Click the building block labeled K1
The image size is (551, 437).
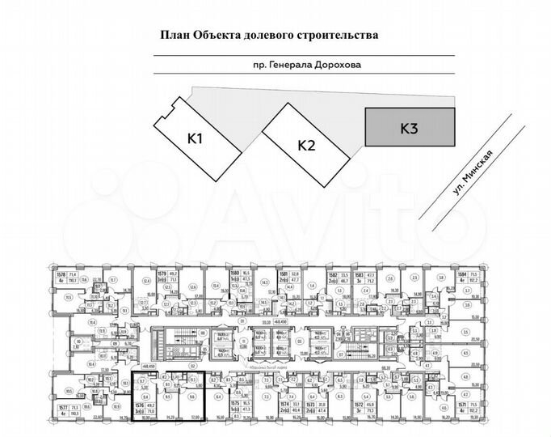194,138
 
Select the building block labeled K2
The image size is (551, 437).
305,146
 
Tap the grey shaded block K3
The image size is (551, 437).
408,128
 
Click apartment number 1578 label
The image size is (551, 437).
60,275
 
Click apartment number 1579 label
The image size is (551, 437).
161,275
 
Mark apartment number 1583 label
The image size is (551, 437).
359,275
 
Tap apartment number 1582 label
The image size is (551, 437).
331,275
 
